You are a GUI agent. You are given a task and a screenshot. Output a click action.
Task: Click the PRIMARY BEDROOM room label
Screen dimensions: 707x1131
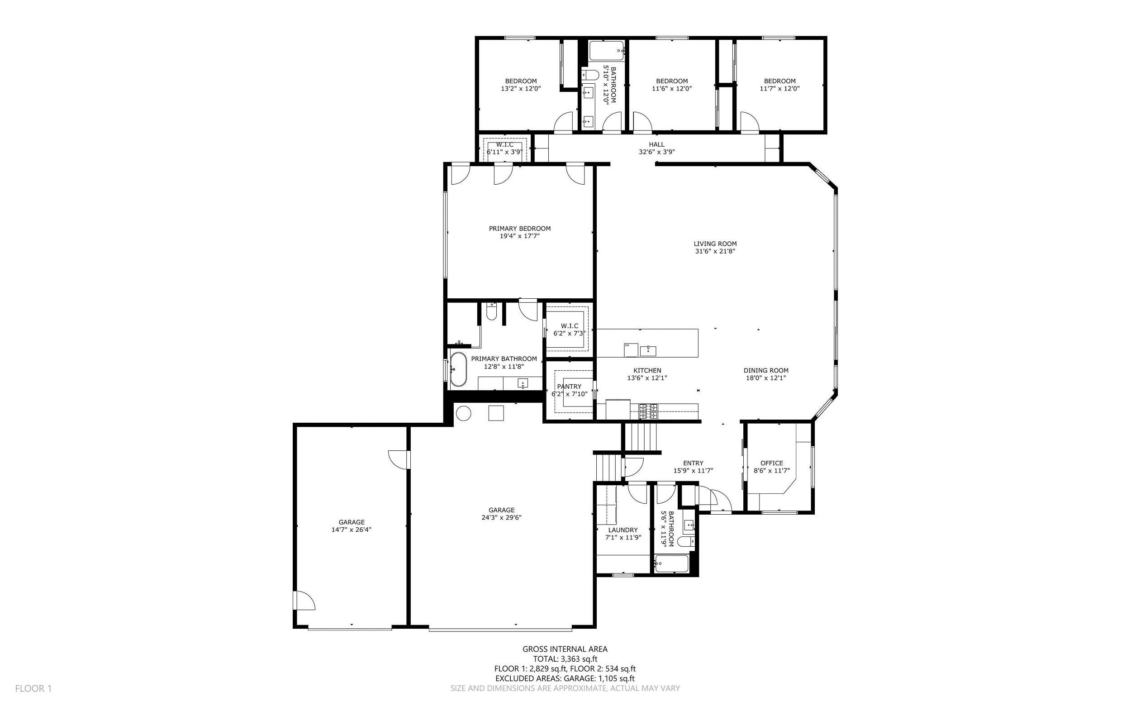519,229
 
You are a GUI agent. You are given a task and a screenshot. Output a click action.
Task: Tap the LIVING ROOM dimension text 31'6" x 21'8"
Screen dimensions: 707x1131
715,251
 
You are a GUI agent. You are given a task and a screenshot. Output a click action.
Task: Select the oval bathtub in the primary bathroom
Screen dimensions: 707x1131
458,369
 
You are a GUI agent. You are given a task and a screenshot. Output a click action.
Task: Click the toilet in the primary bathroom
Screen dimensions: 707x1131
491,311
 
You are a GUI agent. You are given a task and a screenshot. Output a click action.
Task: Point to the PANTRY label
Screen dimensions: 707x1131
569,386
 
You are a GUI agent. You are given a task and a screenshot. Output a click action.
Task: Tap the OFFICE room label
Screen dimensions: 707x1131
771,463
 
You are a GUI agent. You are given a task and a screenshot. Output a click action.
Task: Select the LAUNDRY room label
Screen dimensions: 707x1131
623,530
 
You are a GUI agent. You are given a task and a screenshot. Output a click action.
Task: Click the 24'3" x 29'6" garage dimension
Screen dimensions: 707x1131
501,518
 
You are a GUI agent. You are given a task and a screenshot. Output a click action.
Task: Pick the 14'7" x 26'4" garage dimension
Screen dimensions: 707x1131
352,530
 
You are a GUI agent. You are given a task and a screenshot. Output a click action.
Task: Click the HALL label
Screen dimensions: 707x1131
656,144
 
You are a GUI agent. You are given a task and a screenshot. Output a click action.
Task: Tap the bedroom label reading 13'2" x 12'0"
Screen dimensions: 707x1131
521,88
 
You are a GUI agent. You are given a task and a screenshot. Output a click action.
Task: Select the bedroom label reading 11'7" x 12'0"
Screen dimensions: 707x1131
779,88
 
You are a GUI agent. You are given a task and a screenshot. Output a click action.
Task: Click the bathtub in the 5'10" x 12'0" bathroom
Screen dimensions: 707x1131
607,51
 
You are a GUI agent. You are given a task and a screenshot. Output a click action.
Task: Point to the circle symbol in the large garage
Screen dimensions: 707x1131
463,414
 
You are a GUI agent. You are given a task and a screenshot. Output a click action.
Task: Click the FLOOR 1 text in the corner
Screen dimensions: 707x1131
33,688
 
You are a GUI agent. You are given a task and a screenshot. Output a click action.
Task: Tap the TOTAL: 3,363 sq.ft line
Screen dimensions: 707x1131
565,659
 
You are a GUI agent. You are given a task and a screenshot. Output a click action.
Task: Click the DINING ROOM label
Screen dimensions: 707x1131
765,370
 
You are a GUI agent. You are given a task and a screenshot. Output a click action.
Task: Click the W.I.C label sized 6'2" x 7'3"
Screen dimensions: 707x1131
569,326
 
